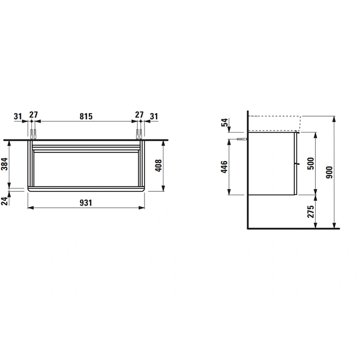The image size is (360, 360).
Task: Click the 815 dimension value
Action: [x=86, y=116]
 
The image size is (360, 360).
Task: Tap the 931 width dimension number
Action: [x=86, y=203]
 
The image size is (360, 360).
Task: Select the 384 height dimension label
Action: [x=5, y=164]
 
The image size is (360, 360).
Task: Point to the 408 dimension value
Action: [x=158, y=166]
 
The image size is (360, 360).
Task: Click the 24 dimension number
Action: [x=5, y=201]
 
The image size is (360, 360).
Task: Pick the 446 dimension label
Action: [x=224, y=167]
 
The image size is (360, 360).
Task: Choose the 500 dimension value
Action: [x=311, y=164]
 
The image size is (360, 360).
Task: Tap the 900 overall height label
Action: [x=329, y=172]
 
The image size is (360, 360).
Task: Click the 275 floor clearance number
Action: [x=311, y=211]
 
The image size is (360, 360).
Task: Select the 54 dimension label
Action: [x=225, y=122]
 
